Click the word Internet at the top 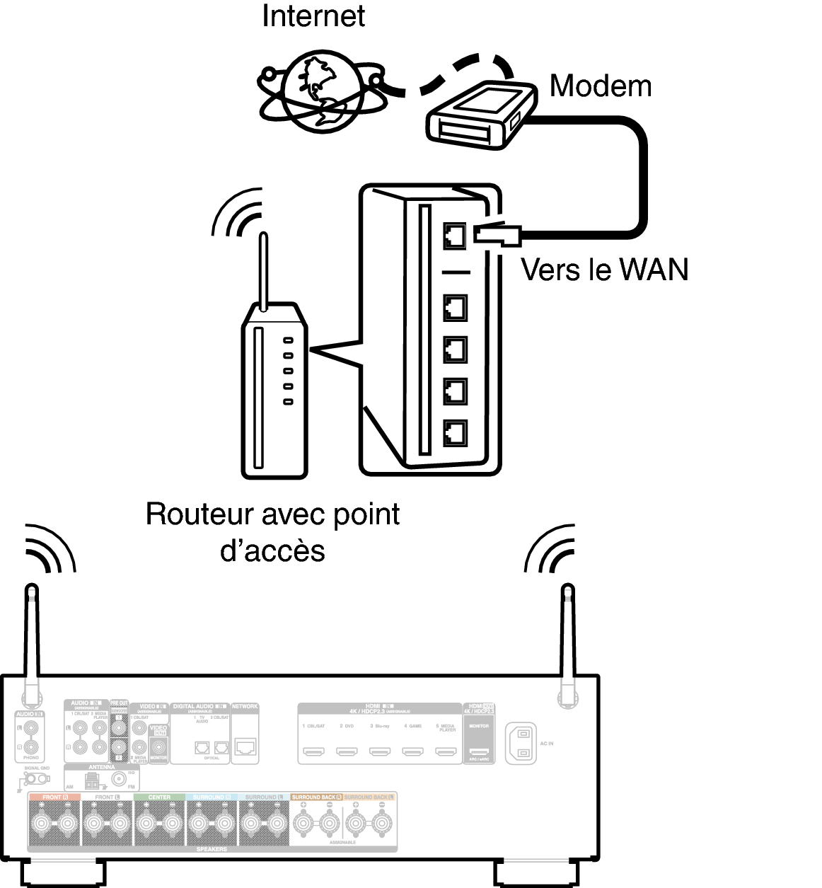[x=313, y=16]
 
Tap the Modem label [x=600, y=86]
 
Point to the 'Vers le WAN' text [x=604, y=270]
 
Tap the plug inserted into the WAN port [x=497, y=234]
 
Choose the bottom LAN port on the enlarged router [x=455, y=432]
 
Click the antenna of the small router [x=263, y=272]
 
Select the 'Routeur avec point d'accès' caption [x=272, y=532]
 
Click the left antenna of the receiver [x=32, y=640]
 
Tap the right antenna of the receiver [x=567, y=640]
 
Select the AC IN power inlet [x=521, y=744]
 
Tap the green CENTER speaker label [x=159, y=797]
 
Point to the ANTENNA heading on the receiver [x=101, y=768]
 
